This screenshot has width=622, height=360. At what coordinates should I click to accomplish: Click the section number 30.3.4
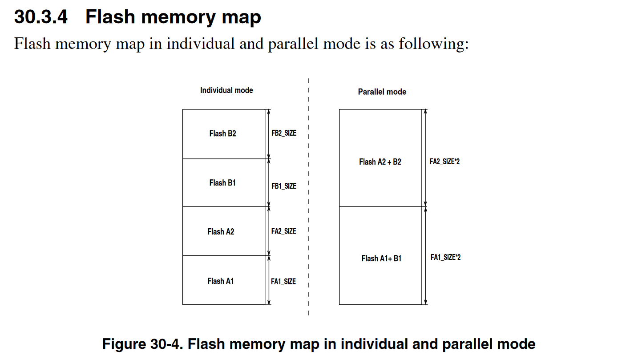(41, 17)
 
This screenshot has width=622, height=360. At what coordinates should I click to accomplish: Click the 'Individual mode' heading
(226, 90)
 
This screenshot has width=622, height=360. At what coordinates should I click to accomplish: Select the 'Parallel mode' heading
(382, 92)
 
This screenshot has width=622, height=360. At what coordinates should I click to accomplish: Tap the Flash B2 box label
(222, 133)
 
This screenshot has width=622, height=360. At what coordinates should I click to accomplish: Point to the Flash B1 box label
(222, 183)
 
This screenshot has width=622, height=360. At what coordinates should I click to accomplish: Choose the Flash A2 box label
(221, 232)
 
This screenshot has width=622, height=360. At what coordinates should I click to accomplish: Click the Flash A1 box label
(220, 281)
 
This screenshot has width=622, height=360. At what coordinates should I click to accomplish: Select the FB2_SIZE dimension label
(284, 133)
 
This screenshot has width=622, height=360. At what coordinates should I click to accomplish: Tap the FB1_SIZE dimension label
(284, 186)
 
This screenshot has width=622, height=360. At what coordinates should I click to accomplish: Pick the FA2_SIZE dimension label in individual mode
(283, 231)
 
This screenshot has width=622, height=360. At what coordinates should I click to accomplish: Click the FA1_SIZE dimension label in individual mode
(283, 281)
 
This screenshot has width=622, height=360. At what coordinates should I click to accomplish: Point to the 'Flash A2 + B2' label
(380, 162)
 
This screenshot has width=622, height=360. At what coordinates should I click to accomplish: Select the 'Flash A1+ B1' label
(381, 259)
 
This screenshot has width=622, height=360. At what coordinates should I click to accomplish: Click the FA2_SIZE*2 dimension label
(444, 162)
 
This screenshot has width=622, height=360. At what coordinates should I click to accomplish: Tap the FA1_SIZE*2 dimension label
(445, 257)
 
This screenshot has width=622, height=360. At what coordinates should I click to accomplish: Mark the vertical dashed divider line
(308, 200)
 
